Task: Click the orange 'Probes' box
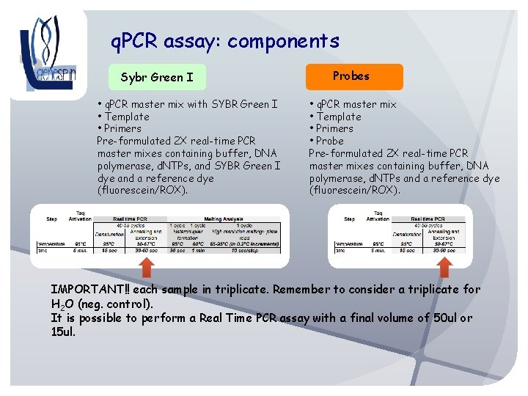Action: pos(351,76)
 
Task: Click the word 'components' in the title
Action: pos(283,41)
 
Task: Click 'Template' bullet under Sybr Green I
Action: pos(126,117)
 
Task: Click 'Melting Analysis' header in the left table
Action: pos(223,218)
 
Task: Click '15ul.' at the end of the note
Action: pos(63,332)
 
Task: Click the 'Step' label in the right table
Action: pos(348,219)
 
